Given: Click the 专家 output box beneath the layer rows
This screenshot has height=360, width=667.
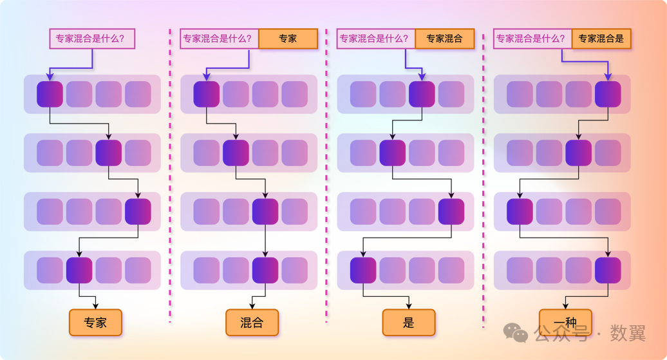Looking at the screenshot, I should coord(95,323).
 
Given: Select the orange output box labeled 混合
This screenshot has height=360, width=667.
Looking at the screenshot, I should coord(252,323).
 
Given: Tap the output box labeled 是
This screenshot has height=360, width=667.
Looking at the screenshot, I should coord(409,323).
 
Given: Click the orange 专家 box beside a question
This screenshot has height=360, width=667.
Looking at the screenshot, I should coord(288,39).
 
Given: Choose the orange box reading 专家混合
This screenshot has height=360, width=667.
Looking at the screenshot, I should coord(444,39).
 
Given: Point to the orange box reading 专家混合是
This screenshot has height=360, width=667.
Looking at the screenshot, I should coord(601,39).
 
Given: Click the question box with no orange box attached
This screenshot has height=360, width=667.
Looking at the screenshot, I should coord(92,39).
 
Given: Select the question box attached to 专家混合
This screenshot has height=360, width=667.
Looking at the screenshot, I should coord(375,39).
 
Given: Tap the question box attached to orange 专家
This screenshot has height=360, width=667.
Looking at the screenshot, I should coord(219,39).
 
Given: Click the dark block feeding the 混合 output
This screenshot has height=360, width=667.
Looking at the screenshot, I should coord(265,270).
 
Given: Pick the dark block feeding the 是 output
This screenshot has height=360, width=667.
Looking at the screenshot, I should coord(363,270).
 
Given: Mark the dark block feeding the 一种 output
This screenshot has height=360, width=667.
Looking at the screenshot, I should coord(608,270).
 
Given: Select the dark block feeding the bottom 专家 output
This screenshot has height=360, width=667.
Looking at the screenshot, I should coord(79,270).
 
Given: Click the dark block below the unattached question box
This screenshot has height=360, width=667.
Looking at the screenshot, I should coord(50,94).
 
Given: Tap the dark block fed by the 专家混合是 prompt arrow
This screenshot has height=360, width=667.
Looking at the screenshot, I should coord(608,94).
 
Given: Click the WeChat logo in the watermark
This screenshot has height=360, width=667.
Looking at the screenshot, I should coord(516,332).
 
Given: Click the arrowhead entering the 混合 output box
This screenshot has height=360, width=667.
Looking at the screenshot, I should coord(252,306).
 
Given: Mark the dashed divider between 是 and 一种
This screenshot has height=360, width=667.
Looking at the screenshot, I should coord(484,180).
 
